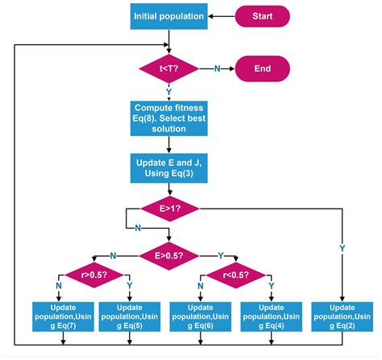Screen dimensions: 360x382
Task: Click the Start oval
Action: point(261,14)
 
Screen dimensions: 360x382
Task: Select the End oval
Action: point(261,68)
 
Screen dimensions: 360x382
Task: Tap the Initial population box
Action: point(168,14)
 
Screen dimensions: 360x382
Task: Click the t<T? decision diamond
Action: point(168,68)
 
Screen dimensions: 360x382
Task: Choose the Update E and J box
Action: point(168,167)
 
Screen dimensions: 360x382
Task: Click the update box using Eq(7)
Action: point(61,315)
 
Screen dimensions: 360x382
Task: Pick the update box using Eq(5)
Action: point(129,315)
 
